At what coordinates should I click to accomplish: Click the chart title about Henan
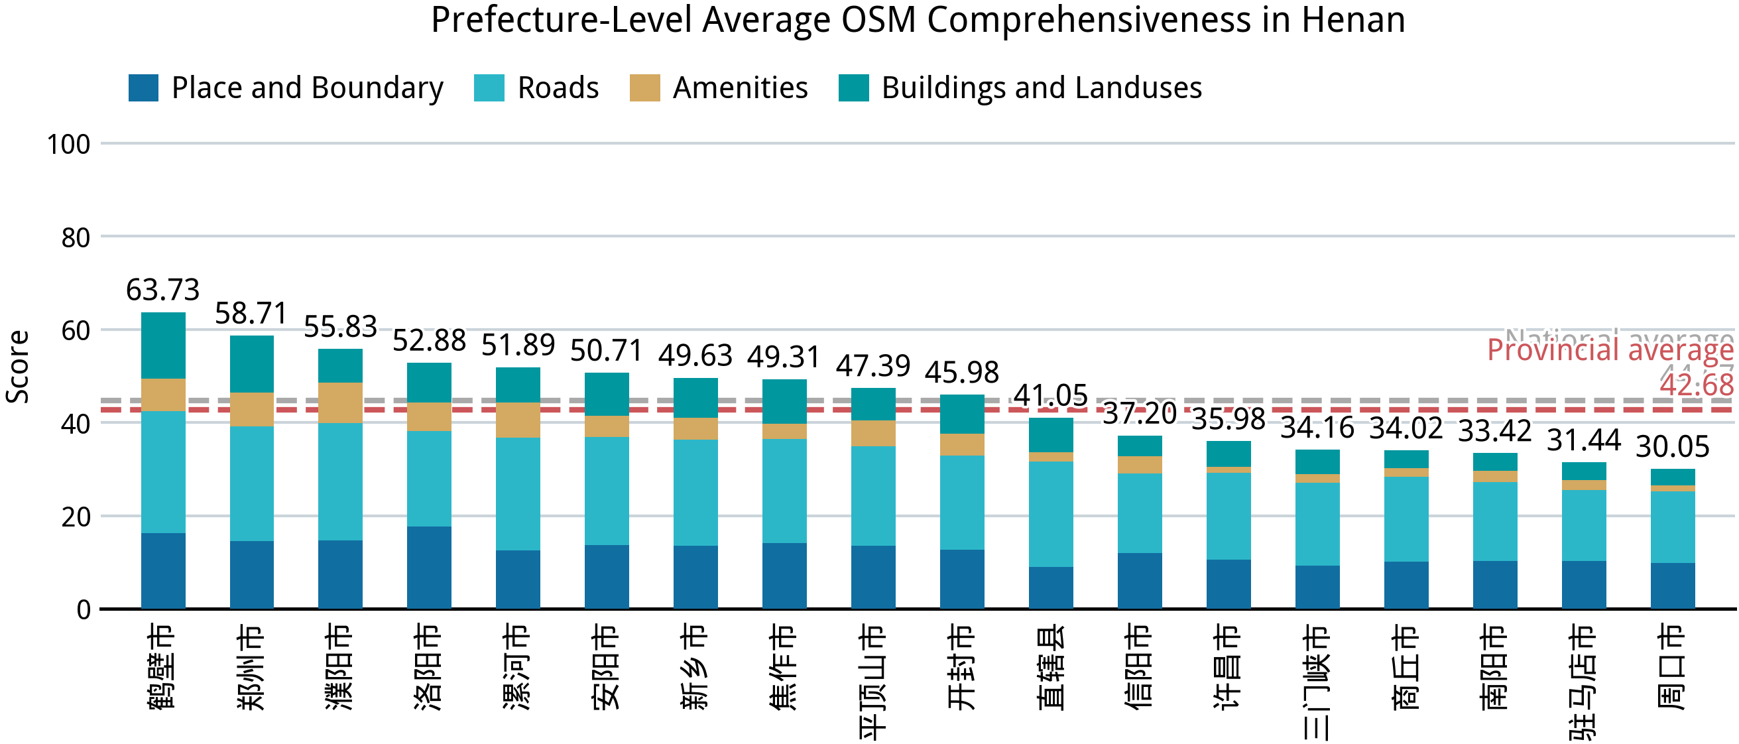pos(918,21)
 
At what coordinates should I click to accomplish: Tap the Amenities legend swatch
pos(644,88)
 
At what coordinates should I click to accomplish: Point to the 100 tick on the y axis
pos(68,145)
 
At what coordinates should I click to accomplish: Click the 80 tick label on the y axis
pos(75,238)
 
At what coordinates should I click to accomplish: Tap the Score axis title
pos(18,367)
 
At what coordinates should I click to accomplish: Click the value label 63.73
pos(162,290)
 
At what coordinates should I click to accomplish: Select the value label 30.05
pos(1672,447)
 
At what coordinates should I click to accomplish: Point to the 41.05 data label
pos(1050,396)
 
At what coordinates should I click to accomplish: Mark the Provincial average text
pos(1610,350)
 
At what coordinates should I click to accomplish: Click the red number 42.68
pos(1697,385)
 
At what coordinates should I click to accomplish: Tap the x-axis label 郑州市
pos(251,666)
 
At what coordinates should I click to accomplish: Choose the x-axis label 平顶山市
pos(873,682)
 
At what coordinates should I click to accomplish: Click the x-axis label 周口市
pos(1672,666)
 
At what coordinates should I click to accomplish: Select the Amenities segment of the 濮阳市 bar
pos(340,403)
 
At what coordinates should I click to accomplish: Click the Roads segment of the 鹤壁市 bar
pos(162,472)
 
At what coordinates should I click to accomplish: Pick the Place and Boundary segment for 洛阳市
pos(429,568)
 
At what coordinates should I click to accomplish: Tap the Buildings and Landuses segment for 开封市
pos(962,414)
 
